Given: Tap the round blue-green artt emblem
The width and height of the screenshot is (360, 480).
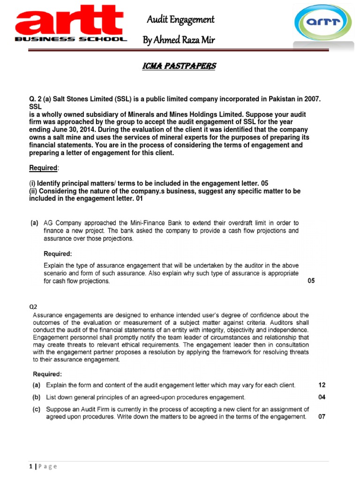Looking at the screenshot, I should tap(323, 26).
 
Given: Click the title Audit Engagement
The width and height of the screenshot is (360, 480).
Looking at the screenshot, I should tap(180, 19).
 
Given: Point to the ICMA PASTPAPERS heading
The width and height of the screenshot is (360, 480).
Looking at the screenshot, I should tap(179, 66).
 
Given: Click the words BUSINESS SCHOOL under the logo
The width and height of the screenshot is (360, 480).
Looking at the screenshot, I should tap(71, 39).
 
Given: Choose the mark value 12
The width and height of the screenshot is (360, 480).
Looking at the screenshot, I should tap(322, 385).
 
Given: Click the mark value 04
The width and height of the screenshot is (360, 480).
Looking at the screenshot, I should tap(322, 397).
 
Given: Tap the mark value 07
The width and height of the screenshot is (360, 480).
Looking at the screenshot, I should tap(322, 416).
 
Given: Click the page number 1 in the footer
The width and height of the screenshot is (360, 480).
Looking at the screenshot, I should tap(30, 466).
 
